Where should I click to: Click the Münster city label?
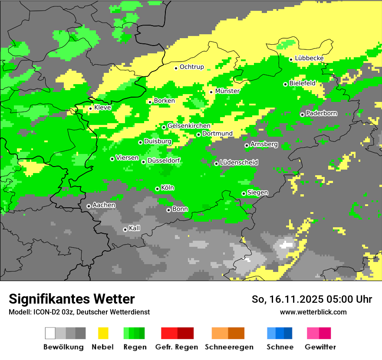coord(227,91)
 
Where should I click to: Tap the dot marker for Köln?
coord(157,189)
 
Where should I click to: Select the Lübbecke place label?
coord(309,58)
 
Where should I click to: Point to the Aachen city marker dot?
coord(89,206)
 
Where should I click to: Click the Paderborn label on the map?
coord(321,113)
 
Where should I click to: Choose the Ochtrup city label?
coord(191,67)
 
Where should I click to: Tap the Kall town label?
coord(134,228)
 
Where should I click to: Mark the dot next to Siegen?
coord(244,193)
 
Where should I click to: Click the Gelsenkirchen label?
coord(189,126)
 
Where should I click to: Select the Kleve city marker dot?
coord(90,108)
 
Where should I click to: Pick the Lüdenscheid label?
coord(239,162)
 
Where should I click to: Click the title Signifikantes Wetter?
coord(72,299)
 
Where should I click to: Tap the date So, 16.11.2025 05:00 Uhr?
coord(312,299)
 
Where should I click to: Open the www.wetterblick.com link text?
coord(313,312)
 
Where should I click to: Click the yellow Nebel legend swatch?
coord(103,333)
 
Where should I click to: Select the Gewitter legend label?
coord(320,347)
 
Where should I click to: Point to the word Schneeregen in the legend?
coord(229,347)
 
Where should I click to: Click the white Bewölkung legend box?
coord(50,333)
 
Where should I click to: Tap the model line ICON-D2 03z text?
coord(79,312)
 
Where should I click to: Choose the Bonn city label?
coord(180,209)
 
